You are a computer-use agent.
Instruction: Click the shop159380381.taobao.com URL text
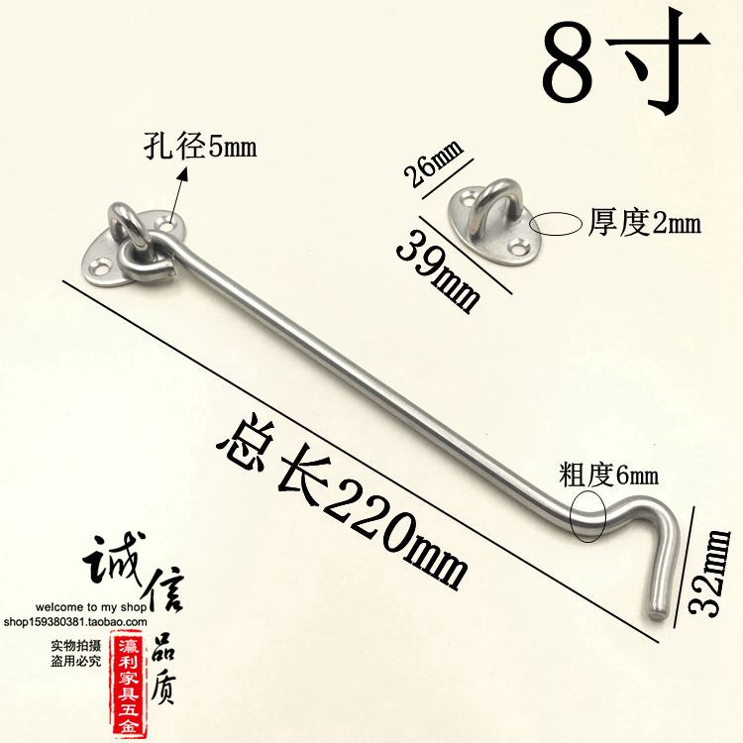(x=76, y=622)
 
